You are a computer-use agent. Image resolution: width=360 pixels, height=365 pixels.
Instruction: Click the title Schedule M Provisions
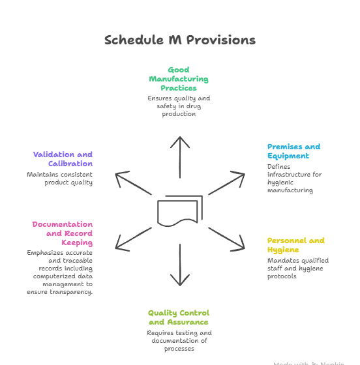[x=180, y=40]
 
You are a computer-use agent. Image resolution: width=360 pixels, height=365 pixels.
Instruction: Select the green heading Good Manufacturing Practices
[x=179, y=79]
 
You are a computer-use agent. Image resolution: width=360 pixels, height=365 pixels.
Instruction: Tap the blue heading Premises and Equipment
[x=293, y=151]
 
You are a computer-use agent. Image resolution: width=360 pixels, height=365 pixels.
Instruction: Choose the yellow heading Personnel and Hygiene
[x=295, y=245]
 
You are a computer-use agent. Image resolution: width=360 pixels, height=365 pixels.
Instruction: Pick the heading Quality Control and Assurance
[x=178, y=317]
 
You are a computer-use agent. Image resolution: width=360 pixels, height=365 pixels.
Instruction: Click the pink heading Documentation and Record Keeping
[x=63, y=233]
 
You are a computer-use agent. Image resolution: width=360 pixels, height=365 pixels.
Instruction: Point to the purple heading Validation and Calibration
[x=63, y=159]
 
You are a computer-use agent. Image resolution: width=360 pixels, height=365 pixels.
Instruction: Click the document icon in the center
[x=179, y=211]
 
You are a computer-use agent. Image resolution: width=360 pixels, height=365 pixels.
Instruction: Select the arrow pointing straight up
[x=180, y=156]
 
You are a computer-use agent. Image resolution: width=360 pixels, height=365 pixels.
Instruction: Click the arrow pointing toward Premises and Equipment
[x=226, y=184]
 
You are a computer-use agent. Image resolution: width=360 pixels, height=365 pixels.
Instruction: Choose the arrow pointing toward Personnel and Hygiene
[x=226, y=238]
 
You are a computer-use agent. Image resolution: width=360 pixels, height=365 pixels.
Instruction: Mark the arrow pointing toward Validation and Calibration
[x=133, y=184]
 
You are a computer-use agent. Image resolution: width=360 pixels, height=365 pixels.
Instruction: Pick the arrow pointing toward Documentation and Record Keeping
[x=133, y=238]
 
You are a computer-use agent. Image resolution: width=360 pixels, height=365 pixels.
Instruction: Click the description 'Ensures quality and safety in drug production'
[x=179, y=106]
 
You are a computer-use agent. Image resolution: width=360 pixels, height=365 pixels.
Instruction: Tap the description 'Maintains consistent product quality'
[x=60, y=179]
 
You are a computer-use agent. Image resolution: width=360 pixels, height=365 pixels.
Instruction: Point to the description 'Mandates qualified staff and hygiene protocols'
[x=297, y=268]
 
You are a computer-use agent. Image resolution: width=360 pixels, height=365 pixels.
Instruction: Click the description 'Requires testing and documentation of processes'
[x=179, y=341]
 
